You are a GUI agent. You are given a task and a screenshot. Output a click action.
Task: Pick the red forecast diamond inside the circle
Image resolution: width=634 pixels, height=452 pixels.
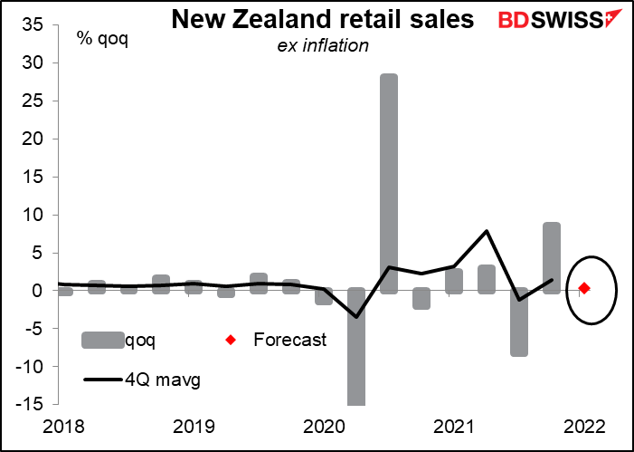coord(584,288)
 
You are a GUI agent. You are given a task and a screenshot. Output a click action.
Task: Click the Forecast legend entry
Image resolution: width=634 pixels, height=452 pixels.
coord(289,341)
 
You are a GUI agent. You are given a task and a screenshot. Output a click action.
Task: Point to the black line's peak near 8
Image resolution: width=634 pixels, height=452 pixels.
coord(487,231)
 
